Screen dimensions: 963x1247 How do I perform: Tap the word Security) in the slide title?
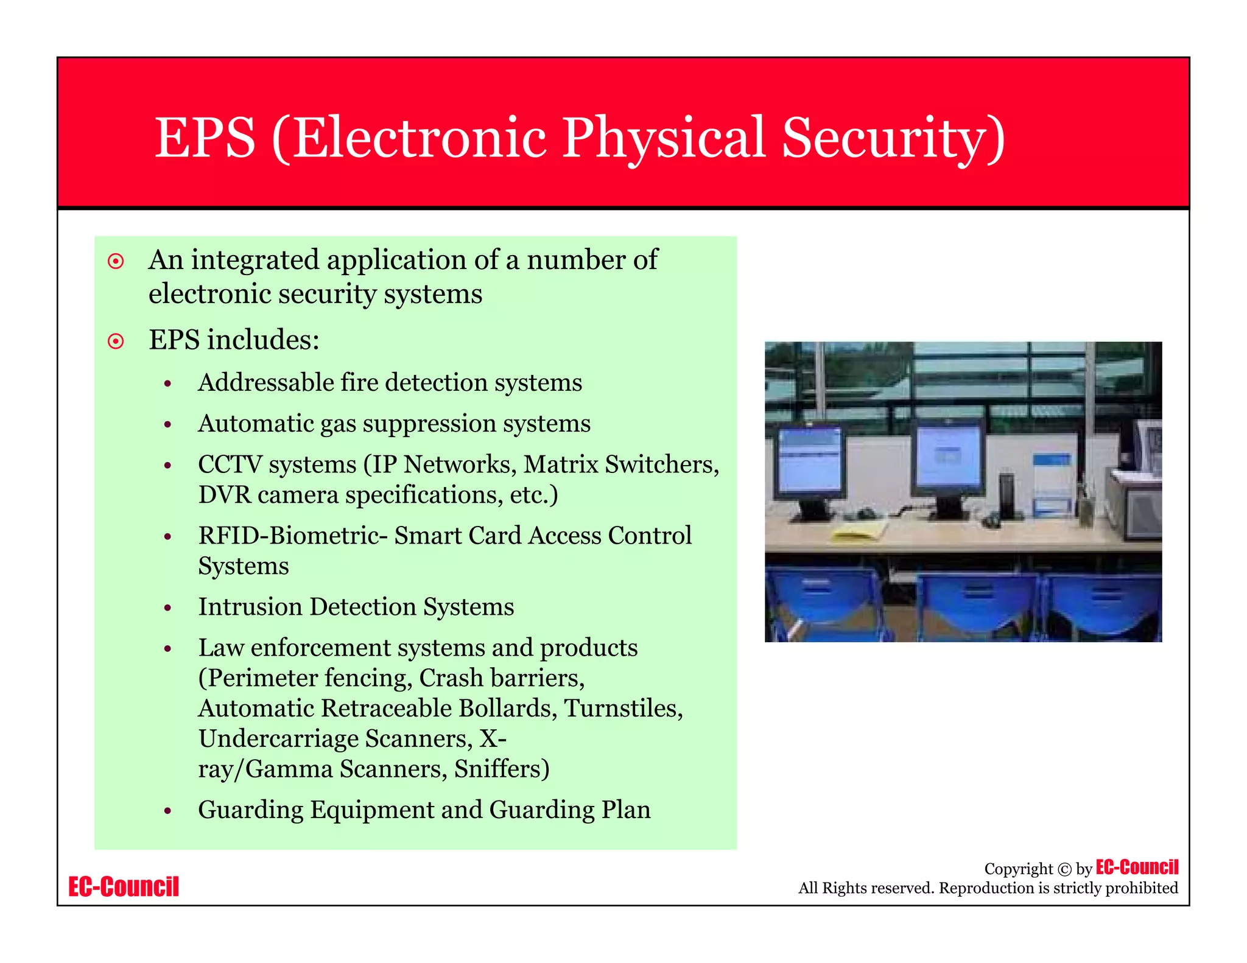click(893, 138)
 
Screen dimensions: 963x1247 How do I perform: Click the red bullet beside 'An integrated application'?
click(116, 262)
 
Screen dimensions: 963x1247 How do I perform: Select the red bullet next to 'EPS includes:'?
click(116, 341)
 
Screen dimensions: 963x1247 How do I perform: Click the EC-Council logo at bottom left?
click(124, 887)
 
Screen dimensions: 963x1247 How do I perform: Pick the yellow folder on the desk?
click(859, 531)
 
